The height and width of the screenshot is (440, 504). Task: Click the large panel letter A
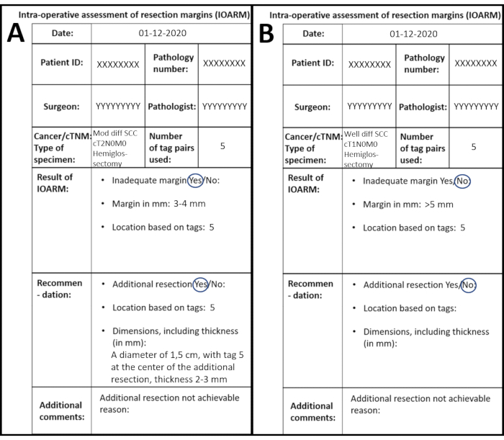tap(16, 34)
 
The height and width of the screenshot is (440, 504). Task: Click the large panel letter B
tap(266, 34)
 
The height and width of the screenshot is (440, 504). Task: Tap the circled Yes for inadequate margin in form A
tap(196, 181)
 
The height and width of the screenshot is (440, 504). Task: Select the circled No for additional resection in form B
tap(468, 284)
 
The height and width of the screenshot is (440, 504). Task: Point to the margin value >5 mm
tap(438, 205)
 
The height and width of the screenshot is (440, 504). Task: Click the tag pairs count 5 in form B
tap(473, 146)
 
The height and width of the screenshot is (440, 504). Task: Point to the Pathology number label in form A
tap(173, 63)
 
